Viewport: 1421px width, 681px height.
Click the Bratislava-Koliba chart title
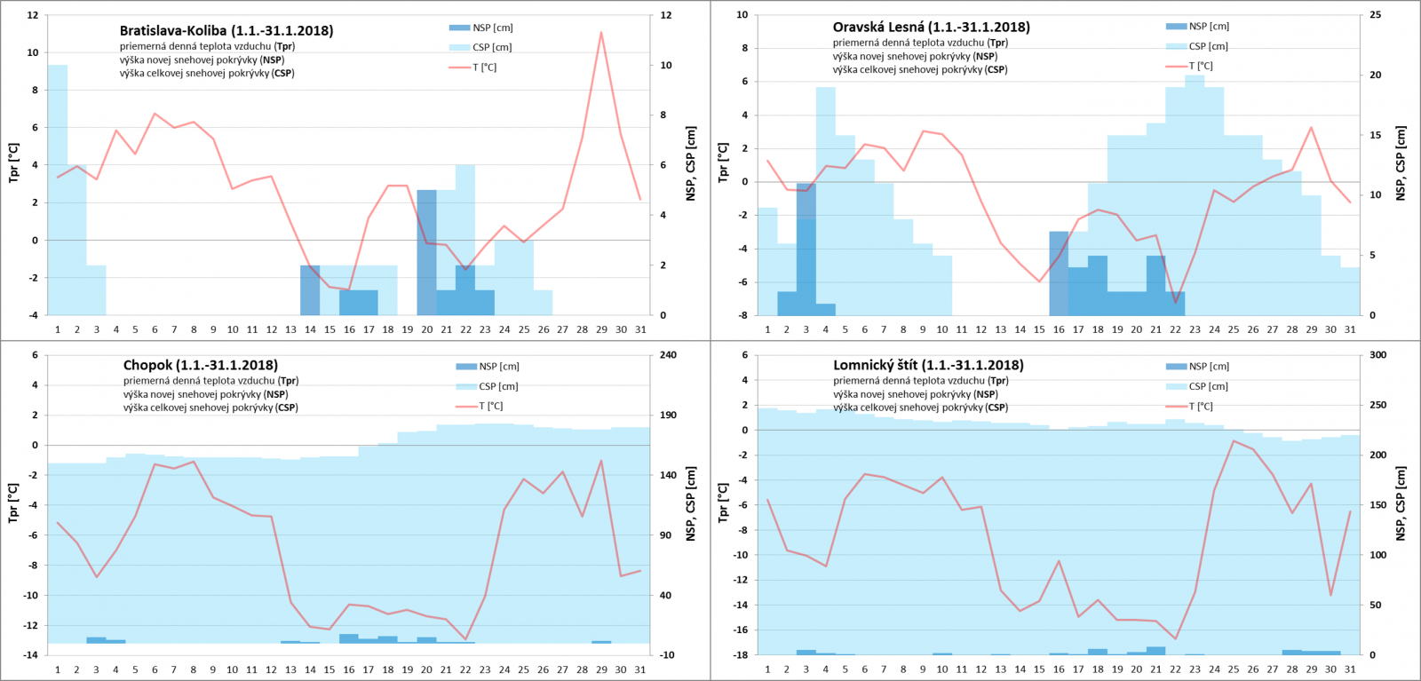226,31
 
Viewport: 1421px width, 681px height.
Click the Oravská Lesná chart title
931,28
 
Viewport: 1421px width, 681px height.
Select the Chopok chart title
200,365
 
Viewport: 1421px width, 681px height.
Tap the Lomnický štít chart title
928,365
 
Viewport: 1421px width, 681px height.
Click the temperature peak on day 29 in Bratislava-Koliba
601,33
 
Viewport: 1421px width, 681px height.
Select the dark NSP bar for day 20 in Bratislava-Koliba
426,252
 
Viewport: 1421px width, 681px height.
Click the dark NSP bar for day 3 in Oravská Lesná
806,249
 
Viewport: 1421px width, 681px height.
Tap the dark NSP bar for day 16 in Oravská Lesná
1059,273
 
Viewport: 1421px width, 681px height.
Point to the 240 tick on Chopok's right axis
668,355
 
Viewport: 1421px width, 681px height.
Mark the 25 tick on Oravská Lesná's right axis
1375,15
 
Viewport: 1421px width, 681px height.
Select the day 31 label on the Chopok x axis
639,670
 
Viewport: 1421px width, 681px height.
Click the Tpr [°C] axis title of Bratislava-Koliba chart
13,162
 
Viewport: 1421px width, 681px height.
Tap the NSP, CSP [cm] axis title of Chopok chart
690,503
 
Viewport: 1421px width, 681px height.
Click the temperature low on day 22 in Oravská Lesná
1175,303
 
